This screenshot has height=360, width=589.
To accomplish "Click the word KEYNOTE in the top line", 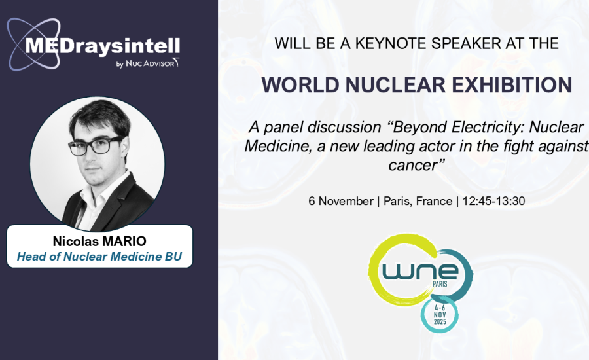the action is (x=391, y=44).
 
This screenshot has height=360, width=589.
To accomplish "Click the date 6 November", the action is (x=341, y=201).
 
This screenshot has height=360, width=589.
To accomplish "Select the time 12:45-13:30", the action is (x=493, y=201).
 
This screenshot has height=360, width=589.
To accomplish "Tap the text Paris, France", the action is (x=418, y=201).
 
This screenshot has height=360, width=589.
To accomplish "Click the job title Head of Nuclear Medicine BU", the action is (x=99, y=257).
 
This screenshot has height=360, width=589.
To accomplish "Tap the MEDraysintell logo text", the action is (x=102, y=46).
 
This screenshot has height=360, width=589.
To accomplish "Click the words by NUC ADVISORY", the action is (x=148, y=63).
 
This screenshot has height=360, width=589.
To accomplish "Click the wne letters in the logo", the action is (x=420, y=272).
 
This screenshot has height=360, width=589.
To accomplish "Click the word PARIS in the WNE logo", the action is (x=440, y=285).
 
